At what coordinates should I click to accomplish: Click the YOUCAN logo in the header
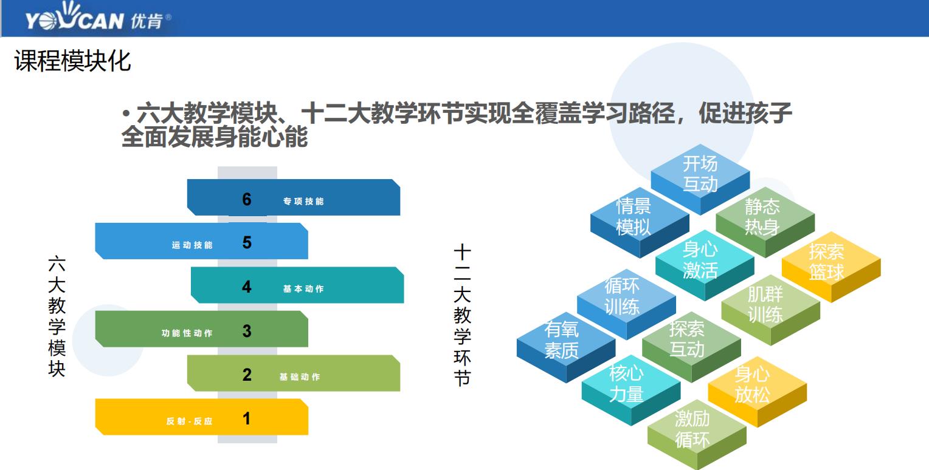(x=97, y=19)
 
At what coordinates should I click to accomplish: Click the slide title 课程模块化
(x=72, y=61)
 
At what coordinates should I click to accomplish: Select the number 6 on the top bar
(x=246, y=199)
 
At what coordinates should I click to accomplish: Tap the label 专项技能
(x=303, y=201)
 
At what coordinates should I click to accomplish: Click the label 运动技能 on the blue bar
(x=192, y=245)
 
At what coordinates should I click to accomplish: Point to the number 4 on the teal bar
(x=246, y=287)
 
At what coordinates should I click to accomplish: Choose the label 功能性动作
(x=187, y=333)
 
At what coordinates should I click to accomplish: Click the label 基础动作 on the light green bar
(x=300, y=377)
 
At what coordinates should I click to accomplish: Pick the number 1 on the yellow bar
(x=246, y=418)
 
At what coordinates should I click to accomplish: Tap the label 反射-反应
(x=190, y=421)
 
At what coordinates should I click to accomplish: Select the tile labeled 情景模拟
(x=634, y=217)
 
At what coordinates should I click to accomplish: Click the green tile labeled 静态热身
(x=762, y=217)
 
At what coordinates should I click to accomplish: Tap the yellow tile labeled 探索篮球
(x=827, y=262)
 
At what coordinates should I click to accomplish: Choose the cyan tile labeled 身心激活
(x=700, y=260)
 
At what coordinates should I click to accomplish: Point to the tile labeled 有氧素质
(x=561, y=340)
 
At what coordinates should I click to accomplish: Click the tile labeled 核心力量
(x=626, y=384)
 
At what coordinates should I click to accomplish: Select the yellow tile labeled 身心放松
(x=753, y=385)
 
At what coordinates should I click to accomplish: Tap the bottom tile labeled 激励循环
(x=692, y=429)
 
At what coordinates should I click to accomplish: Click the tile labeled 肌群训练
(x=765, y=305)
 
